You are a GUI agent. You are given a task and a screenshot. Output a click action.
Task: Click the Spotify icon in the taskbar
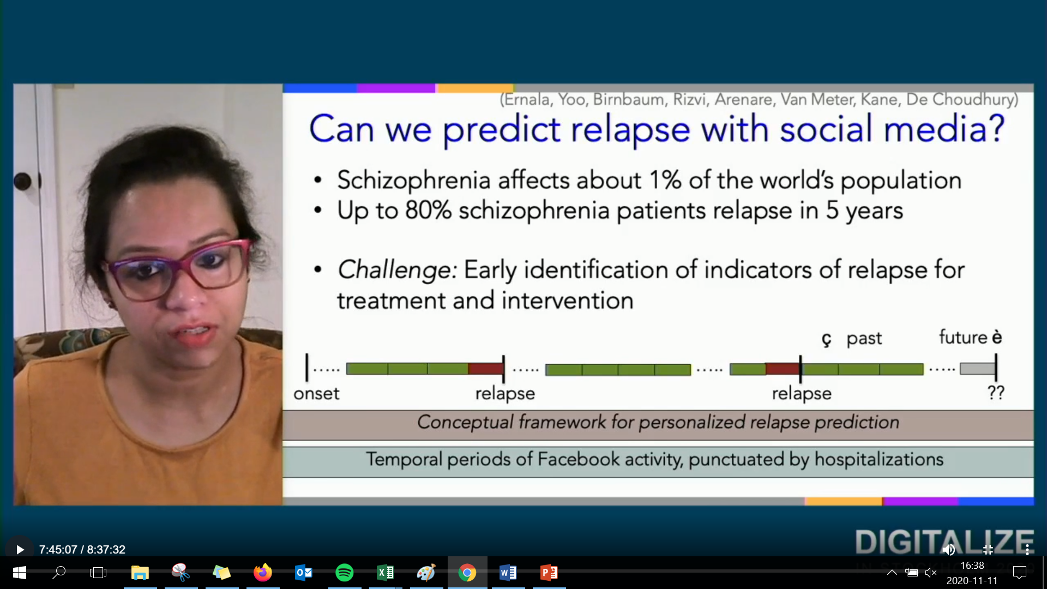345,573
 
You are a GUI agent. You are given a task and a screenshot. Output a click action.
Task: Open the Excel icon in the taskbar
386,573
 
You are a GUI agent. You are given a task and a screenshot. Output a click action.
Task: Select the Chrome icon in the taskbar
467,573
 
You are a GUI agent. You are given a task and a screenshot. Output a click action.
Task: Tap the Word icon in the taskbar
508,573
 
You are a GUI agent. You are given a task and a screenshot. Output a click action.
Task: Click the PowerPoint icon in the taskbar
549,573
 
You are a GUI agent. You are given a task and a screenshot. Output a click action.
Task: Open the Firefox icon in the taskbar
263,573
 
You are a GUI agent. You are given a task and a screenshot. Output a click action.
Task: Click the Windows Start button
20,573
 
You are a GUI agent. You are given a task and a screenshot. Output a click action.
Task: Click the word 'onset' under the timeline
316,393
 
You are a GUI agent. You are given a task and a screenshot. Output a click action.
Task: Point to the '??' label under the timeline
996,392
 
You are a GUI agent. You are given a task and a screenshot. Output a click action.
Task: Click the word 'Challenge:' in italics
397,270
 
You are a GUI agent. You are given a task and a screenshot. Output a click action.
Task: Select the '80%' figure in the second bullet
428,211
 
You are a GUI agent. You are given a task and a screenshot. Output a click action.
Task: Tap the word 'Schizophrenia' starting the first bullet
414,181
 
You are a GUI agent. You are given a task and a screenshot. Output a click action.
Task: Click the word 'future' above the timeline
963,337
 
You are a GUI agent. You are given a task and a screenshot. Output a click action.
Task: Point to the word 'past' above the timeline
864,339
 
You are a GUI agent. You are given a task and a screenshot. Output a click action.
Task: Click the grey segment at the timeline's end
978,369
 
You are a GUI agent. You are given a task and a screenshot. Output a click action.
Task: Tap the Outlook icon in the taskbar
304,573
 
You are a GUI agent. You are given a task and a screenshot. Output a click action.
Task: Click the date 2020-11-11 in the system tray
972,581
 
